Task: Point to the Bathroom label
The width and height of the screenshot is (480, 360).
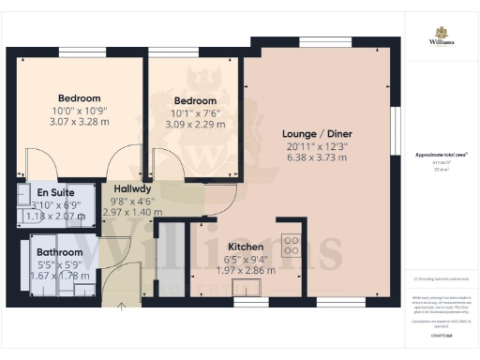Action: pyautogui.click(x=59, y=252)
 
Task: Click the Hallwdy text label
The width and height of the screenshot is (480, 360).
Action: pyautogui.click(x=124, y=187)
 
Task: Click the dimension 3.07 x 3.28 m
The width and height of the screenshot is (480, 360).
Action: pyautogui.click(x=79, y=122)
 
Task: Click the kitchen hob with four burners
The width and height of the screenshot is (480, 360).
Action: pyautogui.click(x=292, y=246)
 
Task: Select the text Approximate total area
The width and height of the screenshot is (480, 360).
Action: pyautogui.click(x=441, y=153)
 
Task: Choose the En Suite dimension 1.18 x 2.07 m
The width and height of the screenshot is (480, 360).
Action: pyautogui.click(x=55, y=216)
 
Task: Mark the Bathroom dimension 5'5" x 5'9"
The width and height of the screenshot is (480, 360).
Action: pyautogui.click(x=59, y=264)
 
